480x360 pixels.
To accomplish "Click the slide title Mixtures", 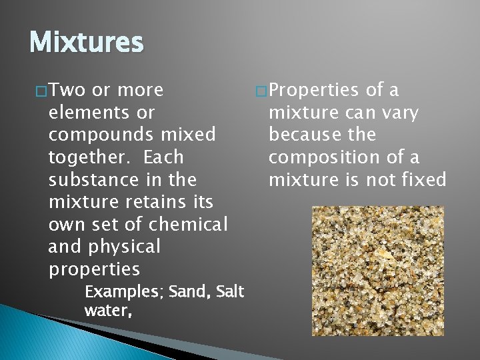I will tap(87, 43).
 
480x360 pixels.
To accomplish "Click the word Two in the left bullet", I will tap(65, 90).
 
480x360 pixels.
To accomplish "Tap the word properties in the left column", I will tap(94, 270).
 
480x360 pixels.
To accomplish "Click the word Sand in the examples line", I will tap(189, 292).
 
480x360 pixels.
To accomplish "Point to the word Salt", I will tap(231, 292).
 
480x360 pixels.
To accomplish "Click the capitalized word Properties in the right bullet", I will tap(316, 90).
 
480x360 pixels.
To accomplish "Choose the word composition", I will tap(327, 158).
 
